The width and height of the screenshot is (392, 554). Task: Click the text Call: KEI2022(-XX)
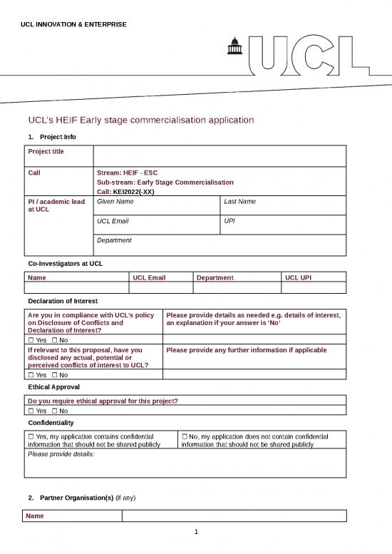pyautogui.click(x=125, y=192)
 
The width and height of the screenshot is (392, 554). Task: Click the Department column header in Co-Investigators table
pyautogui.click(x=215, y=277)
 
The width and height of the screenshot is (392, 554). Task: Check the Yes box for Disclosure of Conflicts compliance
pyautogui.click(x=31, y=340)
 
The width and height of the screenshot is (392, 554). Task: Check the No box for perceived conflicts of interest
pyautogui.click(x=55, y=374)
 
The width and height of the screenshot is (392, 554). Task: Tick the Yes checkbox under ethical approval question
pyautogui.click(x=31, y=411)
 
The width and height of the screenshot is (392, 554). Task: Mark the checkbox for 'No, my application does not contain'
pyautogui.click(x=185, y=436)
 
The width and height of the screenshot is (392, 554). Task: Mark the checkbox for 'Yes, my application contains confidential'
pyautogui.click(x=31, y=436)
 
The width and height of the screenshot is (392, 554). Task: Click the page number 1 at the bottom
pyautogui.click(x=196, y=532)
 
